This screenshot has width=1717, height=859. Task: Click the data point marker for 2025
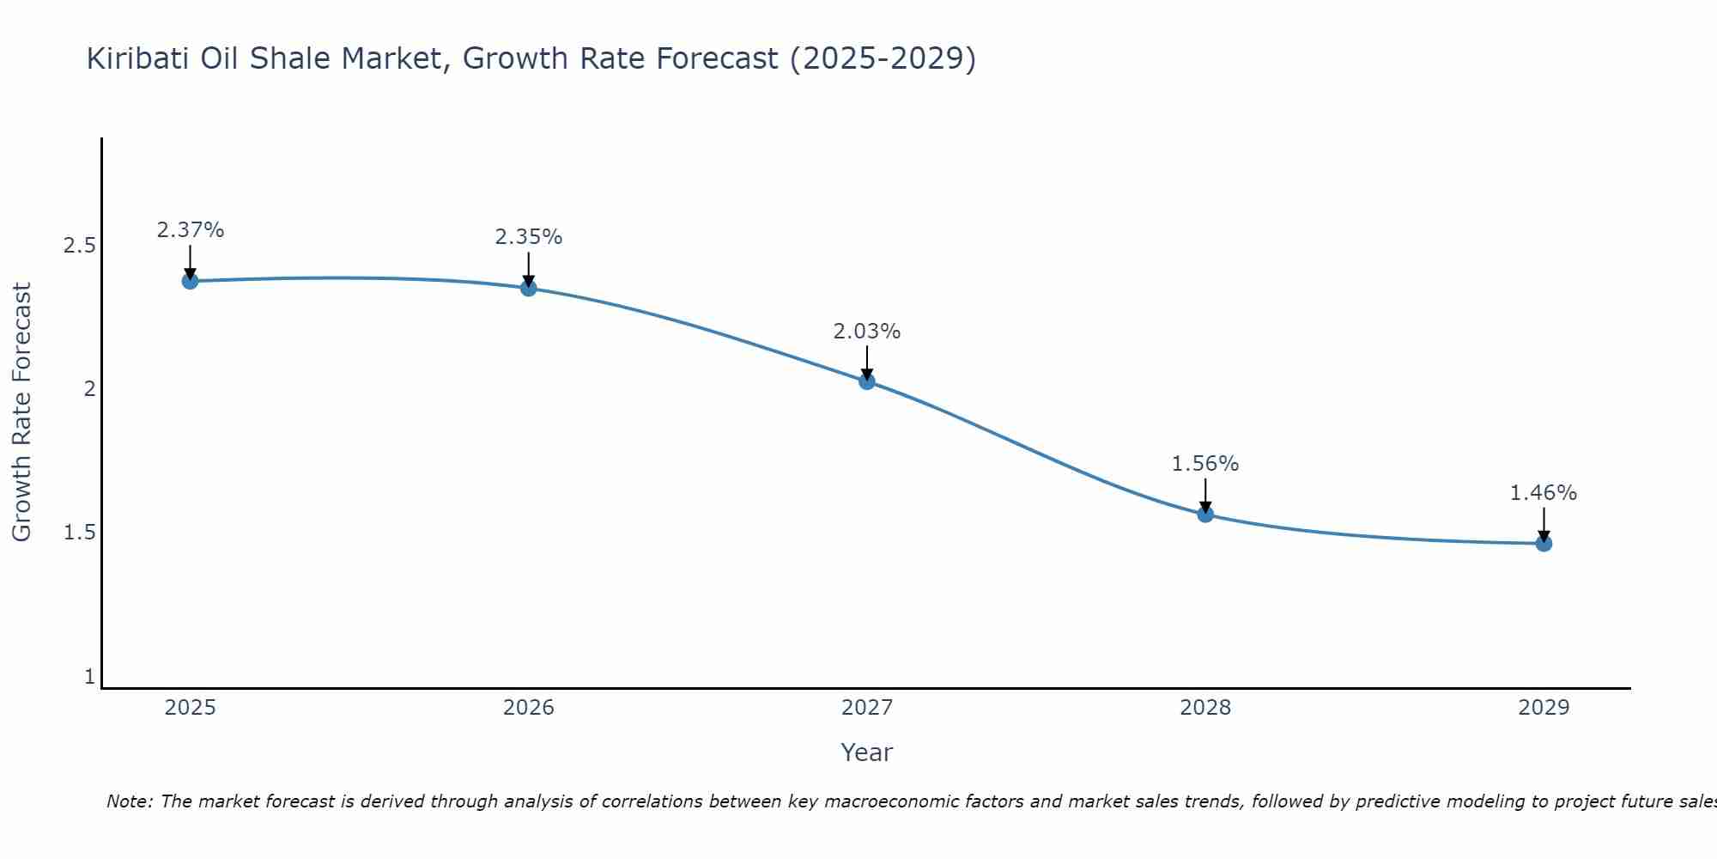coord(190,281)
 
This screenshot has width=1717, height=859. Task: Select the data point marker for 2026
coord(529,288)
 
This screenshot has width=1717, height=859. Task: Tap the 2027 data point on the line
coord(867,381)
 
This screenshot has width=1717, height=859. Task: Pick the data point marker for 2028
coord(1205,515)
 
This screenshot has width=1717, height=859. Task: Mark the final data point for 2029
coord(1544,544)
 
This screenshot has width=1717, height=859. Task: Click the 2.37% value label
coord(190,230)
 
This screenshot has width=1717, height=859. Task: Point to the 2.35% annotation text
coord(529,237)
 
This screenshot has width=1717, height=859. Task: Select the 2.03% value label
coord(867,332)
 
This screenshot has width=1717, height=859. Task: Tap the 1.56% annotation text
coord(1205,464)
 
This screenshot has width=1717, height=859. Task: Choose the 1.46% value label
coord(1544,493)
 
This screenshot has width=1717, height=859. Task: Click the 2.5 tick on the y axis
coord(79,247)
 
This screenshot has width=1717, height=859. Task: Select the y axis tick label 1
coord(89,677)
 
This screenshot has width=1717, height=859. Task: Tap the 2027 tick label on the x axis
coord(867,708)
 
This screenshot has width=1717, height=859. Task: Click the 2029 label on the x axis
coord(1544,708)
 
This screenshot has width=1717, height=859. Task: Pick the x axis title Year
coord(867,752)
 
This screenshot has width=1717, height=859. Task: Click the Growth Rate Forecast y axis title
coord(22,412)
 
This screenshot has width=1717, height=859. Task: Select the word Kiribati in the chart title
coord(137,59)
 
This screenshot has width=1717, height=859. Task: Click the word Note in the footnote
coord(129,801)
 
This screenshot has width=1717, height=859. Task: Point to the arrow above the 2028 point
coord(1205,496)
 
